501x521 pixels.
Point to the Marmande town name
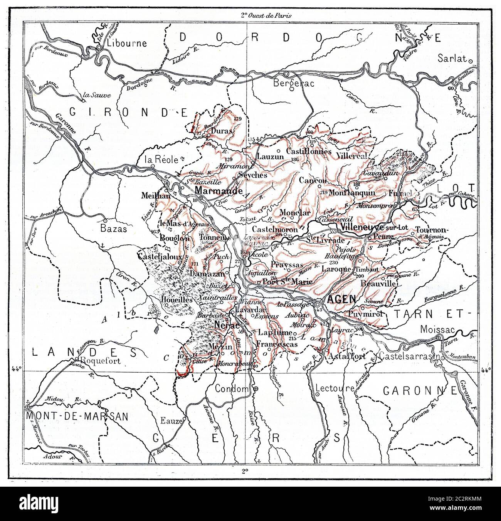click(x=219, y=190)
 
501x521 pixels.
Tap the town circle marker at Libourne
click(x=99, y=47)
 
